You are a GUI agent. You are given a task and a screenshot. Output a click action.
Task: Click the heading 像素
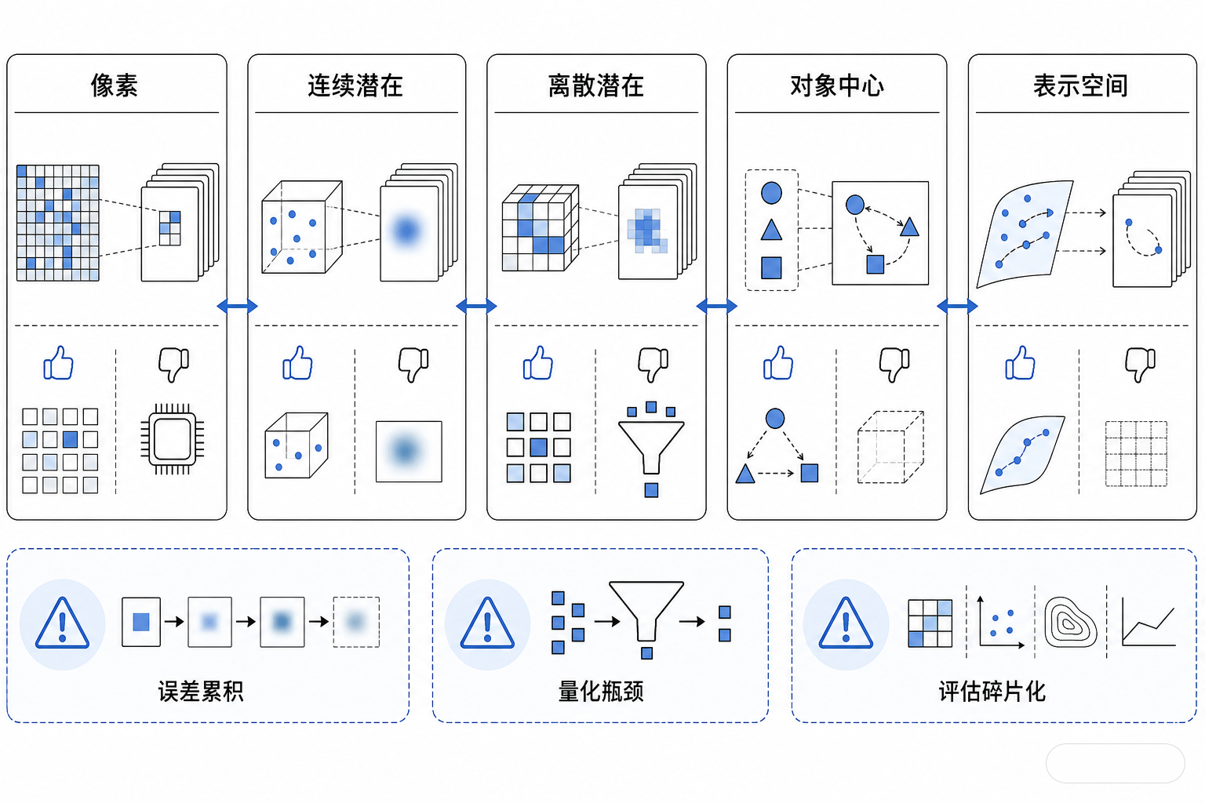pos(114,85)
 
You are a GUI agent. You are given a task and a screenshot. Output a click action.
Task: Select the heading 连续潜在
pos(355,85)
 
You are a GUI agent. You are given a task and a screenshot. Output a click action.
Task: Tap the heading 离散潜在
pos(595,85)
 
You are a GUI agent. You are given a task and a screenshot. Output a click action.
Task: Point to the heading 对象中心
pos(836,85)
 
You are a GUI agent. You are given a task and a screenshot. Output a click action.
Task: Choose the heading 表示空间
pos(1080,85)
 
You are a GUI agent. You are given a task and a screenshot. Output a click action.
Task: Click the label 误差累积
pos(201,691)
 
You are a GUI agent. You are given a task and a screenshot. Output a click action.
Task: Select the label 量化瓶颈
pos(600,691)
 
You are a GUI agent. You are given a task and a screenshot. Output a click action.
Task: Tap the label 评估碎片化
pos(992,691)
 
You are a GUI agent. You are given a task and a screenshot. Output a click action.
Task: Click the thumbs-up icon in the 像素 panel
pos(58,363)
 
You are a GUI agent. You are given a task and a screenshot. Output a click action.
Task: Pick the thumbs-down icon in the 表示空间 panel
pos(1140,365)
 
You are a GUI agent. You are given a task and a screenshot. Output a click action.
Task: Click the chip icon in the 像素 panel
pos(172,439)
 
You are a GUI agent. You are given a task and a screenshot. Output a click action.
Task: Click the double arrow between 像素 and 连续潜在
pos(237,306)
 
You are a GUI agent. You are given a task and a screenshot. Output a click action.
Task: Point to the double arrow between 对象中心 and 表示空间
pos(957,306)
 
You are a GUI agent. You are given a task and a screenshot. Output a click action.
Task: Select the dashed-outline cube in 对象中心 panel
pos(890,447)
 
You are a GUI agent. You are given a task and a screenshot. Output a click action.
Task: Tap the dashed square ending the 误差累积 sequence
pos(356,622)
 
